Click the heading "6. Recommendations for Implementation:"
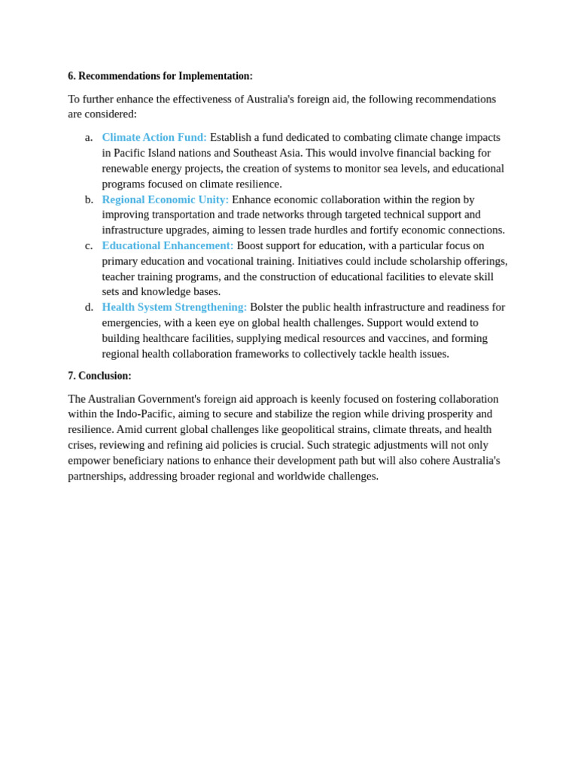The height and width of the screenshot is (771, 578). coord(160,76)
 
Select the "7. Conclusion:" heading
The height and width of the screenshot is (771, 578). coord(99,376)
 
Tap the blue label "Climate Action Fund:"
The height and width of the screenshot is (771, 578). coord(154,137)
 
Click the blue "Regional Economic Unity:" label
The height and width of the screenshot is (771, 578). coord(166,200)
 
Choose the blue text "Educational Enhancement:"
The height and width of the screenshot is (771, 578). coord(168,245)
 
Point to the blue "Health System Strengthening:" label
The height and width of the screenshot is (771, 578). coord(175,307)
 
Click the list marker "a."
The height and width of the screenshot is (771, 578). coord(89,137)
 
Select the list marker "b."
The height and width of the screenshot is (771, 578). coord(89,200)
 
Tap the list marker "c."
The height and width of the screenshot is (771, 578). coord(89,245)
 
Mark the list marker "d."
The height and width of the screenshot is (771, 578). coord(89,307)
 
